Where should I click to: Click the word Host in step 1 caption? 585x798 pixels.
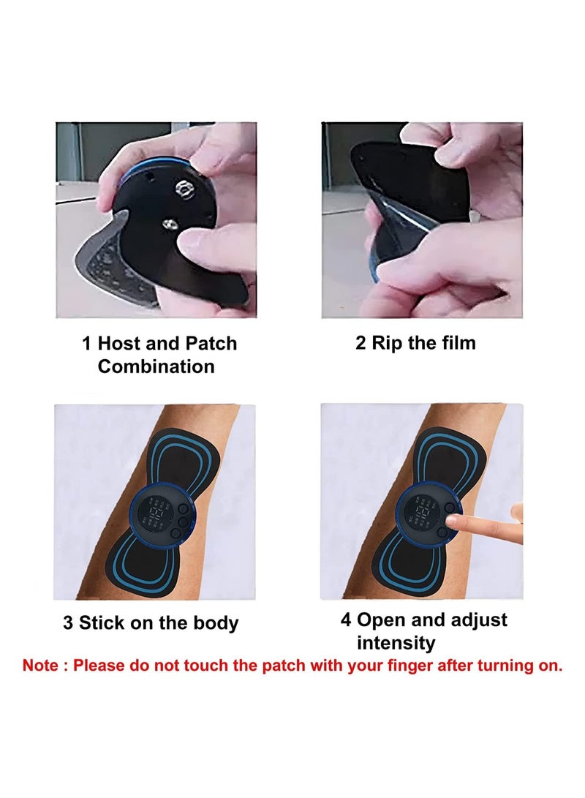(120, 343)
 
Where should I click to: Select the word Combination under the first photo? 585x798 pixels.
(156, 366)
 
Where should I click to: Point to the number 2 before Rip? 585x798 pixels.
(361, 342)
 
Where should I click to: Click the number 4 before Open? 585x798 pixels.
(346, 620)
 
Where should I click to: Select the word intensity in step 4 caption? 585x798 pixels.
(396, 643)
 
